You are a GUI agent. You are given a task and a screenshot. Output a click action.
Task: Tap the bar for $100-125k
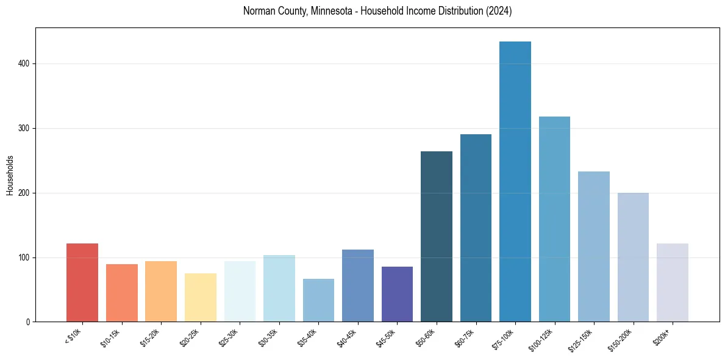[x=554, y=219]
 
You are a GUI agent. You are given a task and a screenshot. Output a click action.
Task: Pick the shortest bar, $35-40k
[x=318, y=300]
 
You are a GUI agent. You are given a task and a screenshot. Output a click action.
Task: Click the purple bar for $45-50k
[x=397, y=294]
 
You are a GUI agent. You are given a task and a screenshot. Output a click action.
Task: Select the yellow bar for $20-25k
[x=201, y=297]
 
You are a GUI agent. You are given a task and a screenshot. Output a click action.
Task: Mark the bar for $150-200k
[x=633, y=257]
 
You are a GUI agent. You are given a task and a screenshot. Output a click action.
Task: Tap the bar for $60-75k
[x=476, y=228]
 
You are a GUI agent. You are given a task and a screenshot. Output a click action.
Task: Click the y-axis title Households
[x=10, y=175]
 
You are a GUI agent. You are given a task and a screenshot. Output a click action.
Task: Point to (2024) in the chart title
[x=498, y=12]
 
